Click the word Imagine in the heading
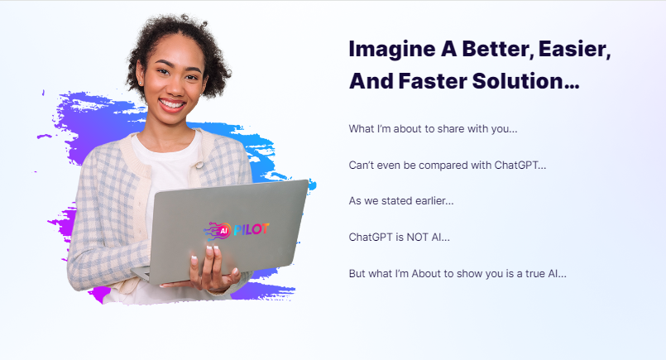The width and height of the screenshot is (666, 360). [391, 50]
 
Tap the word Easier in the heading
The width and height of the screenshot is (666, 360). [574, 49]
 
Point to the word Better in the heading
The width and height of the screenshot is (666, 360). [497, 49]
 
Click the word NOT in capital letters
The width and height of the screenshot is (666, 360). [418, 238]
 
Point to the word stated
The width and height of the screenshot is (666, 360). [397, 200]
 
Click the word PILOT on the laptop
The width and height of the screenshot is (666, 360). [251, 229]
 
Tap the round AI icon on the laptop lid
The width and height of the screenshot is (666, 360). [223, 231]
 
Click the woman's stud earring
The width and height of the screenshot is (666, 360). [141, 84]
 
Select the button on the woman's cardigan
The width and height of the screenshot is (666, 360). [199, 165]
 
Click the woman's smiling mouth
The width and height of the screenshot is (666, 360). [171, 104]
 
